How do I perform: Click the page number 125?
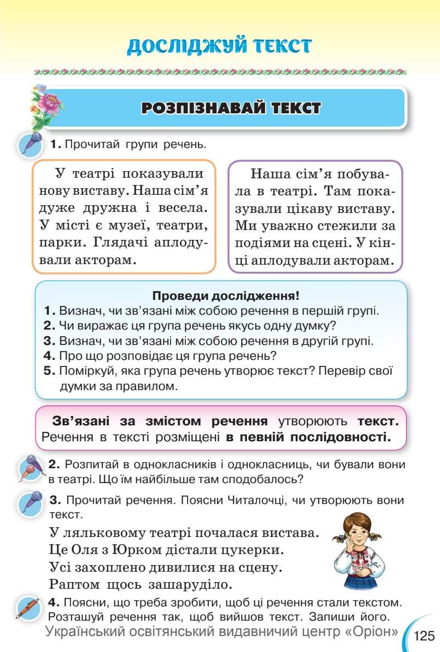pyautogui.click(x=424, y=636)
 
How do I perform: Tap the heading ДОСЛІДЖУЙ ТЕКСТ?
pyautogui.click(x=219, y=46)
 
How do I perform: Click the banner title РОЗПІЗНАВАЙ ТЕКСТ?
pyautogui.click(x=231, y=107)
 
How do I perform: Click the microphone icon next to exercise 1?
pyautogui.click(x=31, y=145)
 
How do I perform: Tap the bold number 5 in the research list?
pyautogui.click(x=49, y=370)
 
